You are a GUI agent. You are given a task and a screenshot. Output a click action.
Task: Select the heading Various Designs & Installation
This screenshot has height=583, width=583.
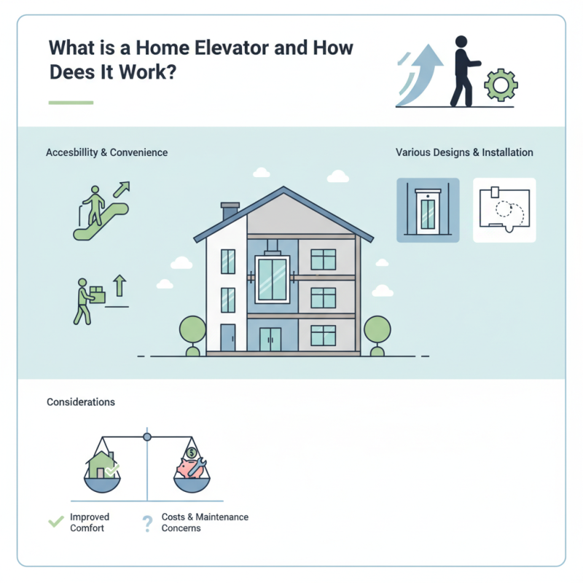(x=464, y=153)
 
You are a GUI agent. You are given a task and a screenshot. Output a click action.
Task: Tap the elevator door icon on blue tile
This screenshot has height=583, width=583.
(x=428, y=210)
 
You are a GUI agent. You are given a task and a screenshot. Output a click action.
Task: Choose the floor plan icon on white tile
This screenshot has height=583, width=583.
(x=504, y=210)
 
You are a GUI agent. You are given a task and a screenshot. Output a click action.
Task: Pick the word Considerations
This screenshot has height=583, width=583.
(x=81, y=402)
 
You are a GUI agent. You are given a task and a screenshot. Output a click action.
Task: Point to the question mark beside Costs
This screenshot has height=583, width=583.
(x=147, y=522)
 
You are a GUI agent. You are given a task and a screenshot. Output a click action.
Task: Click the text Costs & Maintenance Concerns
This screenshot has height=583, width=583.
(x=205, y=522)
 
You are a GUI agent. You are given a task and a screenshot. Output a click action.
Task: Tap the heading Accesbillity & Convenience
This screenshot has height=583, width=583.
(x=106, y=153)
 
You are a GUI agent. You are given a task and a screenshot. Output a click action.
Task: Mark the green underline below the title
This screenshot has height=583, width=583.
(x=71, y=103)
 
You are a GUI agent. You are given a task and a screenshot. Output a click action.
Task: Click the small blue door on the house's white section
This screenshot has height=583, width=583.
(x=228, y=337)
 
